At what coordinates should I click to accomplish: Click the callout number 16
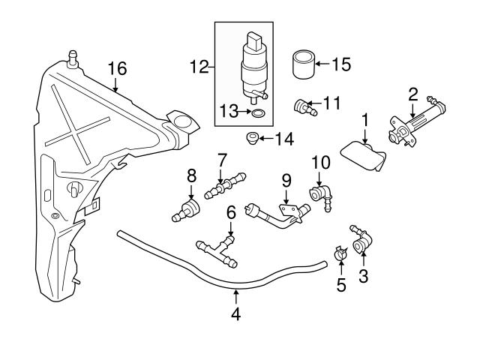tap(117, 67)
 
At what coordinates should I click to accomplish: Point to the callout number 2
tap(412, 94)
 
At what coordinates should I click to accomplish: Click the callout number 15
tap(341, 64)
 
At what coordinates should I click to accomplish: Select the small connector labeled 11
tap(303, 107)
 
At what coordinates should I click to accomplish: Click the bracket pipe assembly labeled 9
tap(280, 215)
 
